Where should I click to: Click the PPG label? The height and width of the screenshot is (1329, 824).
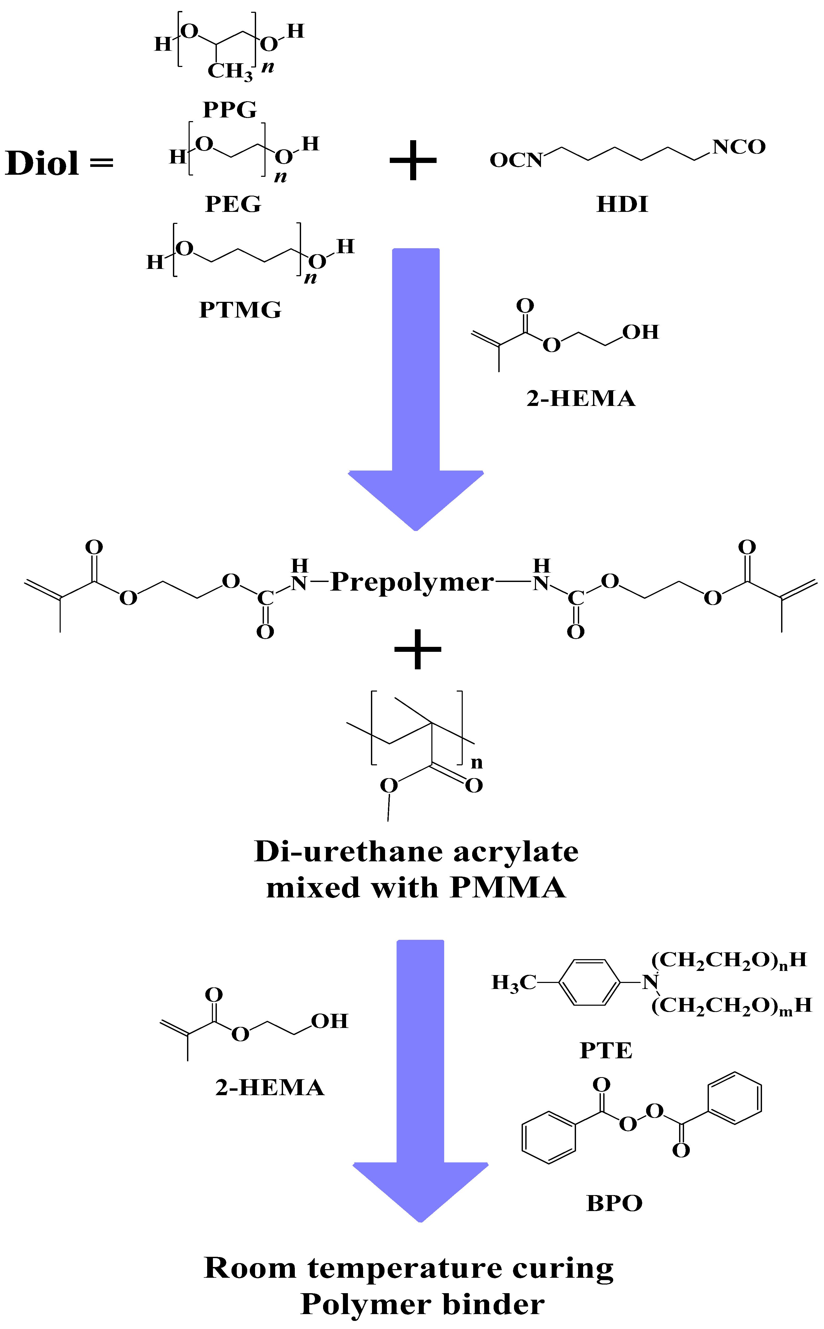click(229, 110)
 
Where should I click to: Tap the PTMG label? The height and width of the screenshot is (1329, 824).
click(240, 309)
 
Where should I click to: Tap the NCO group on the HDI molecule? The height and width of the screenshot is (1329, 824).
click(739, 146)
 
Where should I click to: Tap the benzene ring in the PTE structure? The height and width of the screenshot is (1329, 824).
click(590, 982)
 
